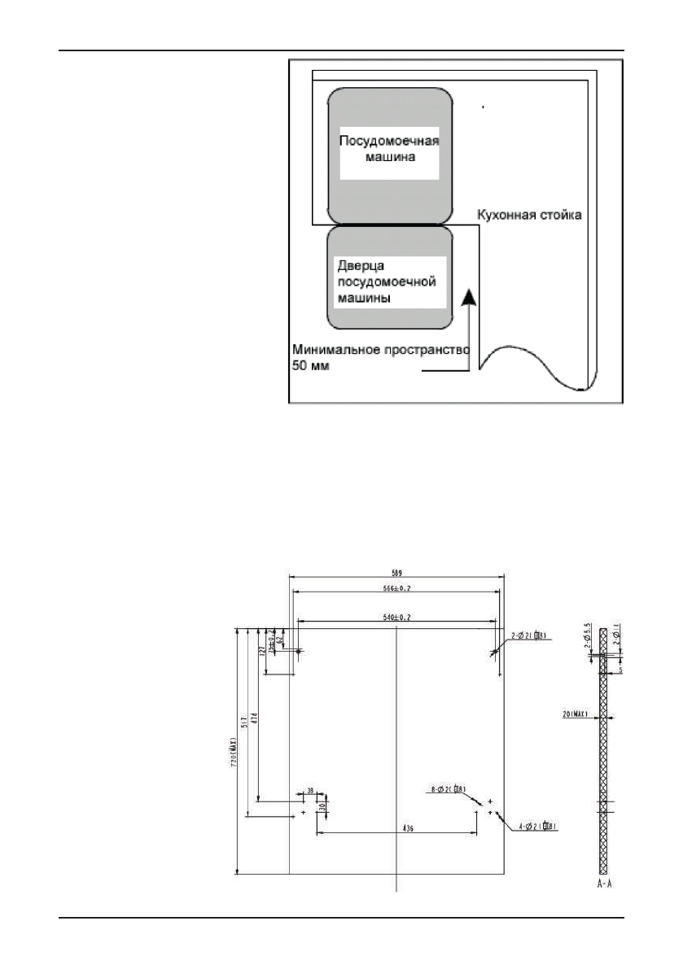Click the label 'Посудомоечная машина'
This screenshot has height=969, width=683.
(389, 150)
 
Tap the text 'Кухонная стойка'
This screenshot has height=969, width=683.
(530, 216)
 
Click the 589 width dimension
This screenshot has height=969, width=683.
(395, 572)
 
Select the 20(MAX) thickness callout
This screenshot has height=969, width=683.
(578, 715)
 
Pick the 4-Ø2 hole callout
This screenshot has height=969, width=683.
(538, 827)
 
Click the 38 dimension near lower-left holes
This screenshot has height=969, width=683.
(310, 790)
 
